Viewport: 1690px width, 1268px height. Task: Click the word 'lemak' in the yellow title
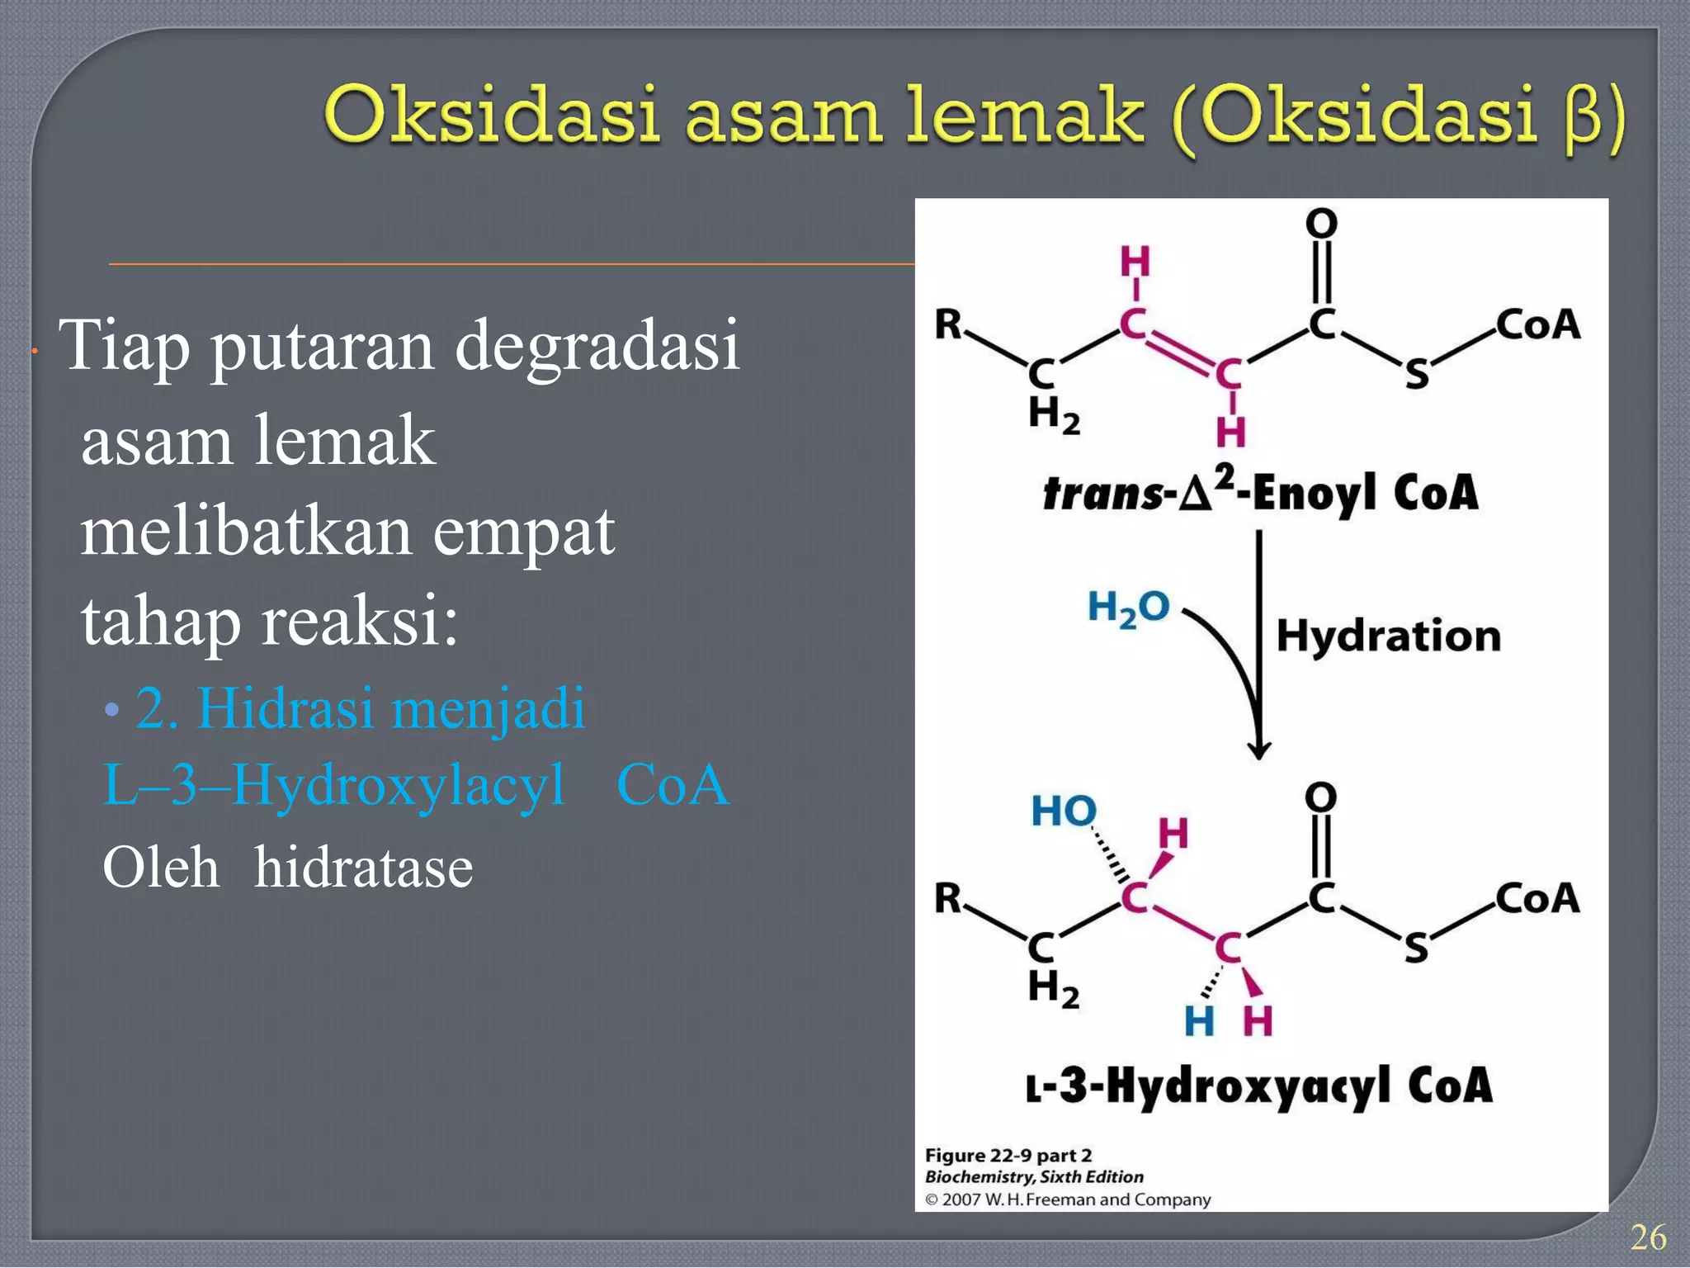pos(1024,116)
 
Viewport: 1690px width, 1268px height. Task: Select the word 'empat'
pos(523,532)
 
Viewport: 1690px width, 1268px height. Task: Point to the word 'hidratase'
pos(363,868)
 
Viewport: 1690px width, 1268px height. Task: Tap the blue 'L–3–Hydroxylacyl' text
pos(333,784)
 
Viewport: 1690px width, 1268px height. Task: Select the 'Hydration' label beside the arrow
pos(1388,636)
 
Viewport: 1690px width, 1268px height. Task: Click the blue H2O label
pos(1128,608)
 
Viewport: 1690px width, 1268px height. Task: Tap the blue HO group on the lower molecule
pos(1064,811)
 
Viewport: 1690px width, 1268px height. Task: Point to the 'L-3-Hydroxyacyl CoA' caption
pos(1259,1086)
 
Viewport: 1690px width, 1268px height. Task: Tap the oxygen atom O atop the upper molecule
pos(1321,223)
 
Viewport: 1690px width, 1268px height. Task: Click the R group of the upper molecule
pos(948,324)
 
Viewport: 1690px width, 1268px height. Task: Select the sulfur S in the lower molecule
pos(1416,949)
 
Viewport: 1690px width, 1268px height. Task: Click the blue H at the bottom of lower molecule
pos(1198,1022)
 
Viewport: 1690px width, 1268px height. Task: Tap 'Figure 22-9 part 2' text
pos(1008,1155)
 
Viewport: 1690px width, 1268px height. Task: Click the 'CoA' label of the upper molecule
pos(1538,324)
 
